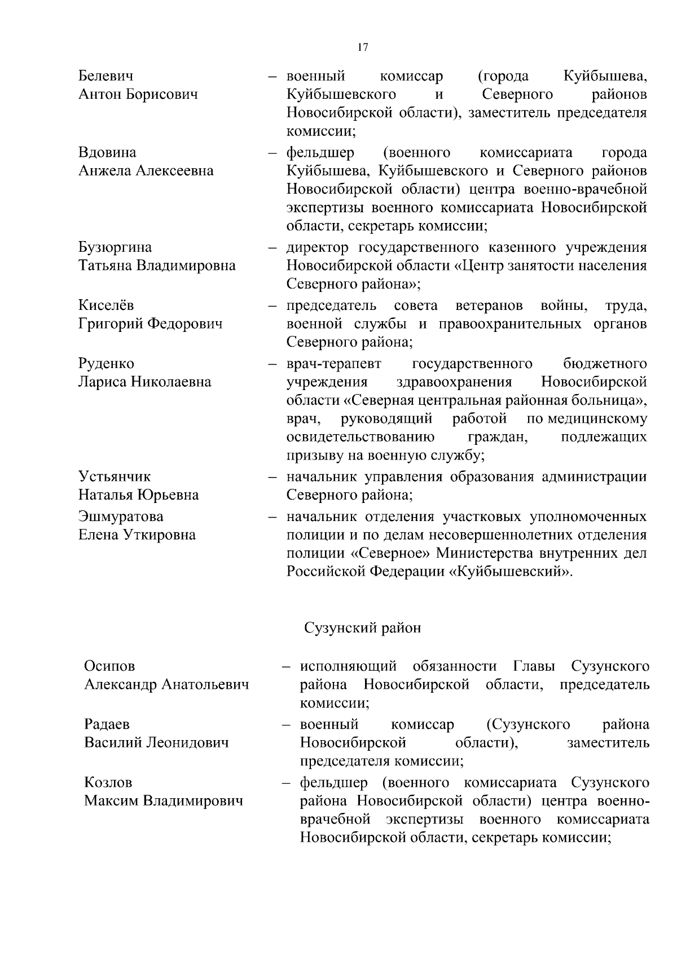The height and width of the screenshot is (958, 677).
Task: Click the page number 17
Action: (363, 47)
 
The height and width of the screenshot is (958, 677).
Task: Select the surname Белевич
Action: (106, 76)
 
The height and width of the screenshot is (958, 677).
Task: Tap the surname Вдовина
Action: (107, 152)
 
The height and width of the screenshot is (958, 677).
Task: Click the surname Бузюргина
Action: (115, 247)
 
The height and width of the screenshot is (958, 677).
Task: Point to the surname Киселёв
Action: (106, 305)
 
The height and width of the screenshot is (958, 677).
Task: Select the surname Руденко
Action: (106, 364)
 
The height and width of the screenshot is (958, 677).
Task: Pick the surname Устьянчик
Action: (115, 476)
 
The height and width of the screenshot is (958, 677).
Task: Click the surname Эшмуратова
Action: (121, 517)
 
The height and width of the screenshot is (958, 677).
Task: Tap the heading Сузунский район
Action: (363, 628)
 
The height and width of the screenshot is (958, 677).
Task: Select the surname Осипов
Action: (109, 666)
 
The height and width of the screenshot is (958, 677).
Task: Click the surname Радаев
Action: (107, 724)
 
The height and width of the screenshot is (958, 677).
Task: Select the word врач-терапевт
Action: (334, 364)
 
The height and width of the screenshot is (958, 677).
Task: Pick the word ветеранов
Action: (489, 305)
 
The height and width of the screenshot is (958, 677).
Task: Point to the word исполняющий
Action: (349, 666)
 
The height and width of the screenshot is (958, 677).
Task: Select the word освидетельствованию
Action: (361, 438)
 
